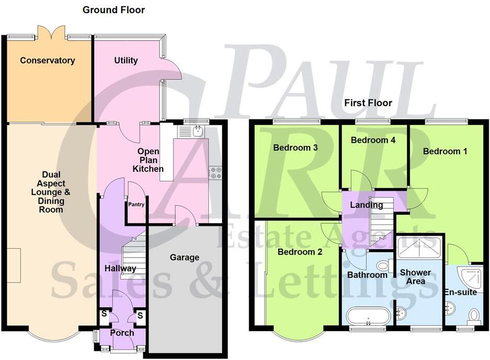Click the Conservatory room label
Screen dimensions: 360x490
(47, 61)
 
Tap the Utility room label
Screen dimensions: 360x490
(126, 61)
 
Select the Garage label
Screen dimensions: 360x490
(185, 257)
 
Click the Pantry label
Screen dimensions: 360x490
(136, 205)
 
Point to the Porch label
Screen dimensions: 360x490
(122, 333)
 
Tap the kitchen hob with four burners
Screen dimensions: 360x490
(215, 173)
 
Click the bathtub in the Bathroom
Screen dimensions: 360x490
(369, 317)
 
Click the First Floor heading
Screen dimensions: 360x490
(368, 103)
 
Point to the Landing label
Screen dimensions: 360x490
(367, 205)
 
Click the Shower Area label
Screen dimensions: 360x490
(416, 277)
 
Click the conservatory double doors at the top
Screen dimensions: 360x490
(51, 34)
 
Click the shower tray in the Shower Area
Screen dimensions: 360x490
(419, 247)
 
